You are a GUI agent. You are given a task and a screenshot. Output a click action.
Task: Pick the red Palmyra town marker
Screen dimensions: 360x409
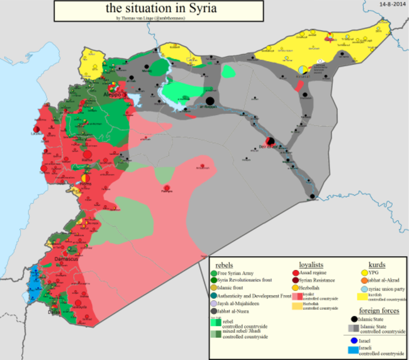coord(167,188)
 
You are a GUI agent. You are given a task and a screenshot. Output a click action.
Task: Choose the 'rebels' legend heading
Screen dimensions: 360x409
coord(225,265)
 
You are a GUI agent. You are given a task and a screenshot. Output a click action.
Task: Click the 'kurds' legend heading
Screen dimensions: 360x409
coord(376,265)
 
